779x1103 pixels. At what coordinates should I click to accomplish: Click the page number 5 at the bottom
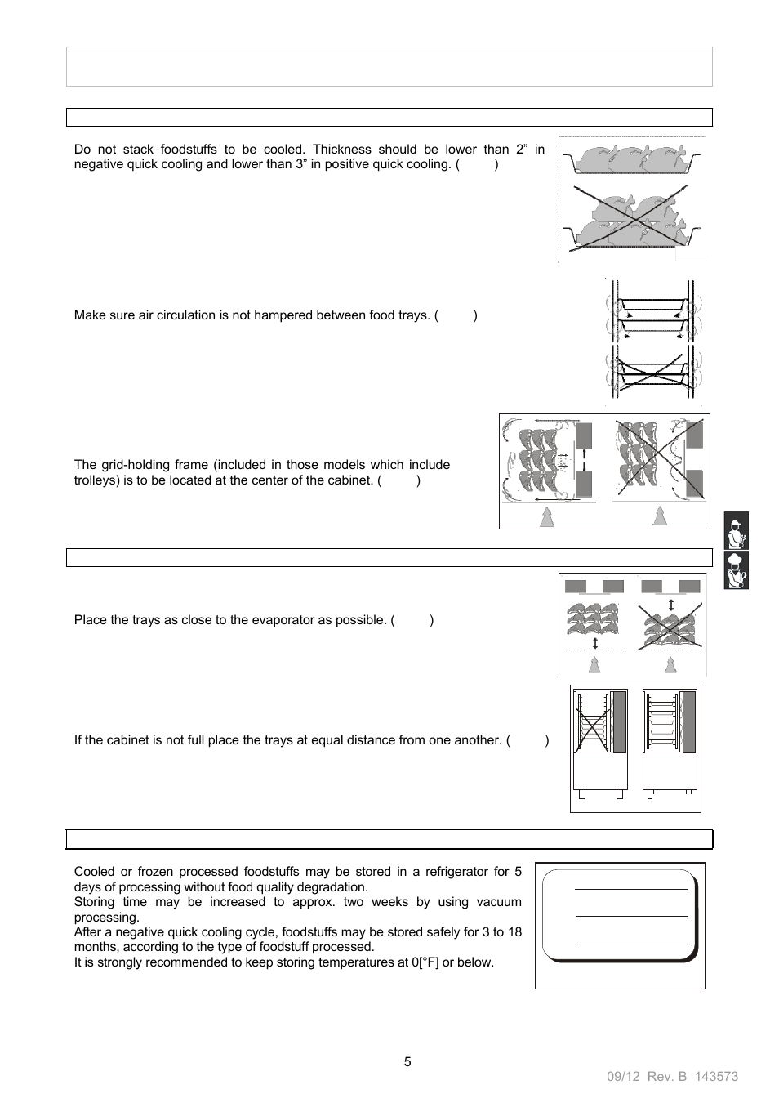[407, 1061]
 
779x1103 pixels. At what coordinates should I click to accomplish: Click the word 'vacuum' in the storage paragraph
[499, 902]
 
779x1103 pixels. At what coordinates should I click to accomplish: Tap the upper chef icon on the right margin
[736, 531]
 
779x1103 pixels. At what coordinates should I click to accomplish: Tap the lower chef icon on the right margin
[736, 570]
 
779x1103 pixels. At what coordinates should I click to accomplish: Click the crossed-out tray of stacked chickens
[630, 220]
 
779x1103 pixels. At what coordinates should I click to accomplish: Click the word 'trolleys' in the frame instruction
[96, 480]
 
